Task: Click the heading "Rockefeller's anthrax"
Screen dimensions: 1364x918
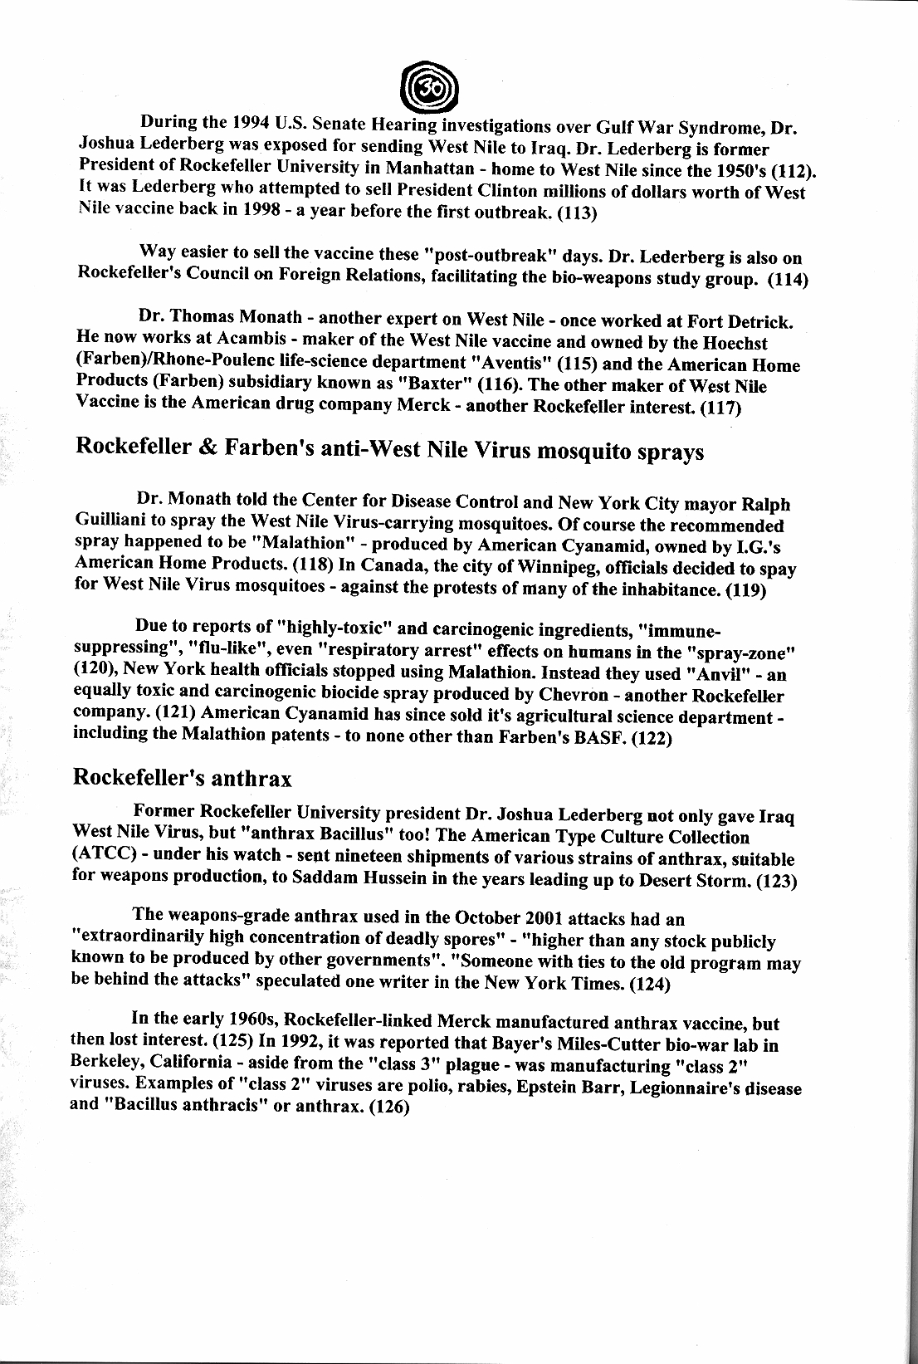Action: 183,778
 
